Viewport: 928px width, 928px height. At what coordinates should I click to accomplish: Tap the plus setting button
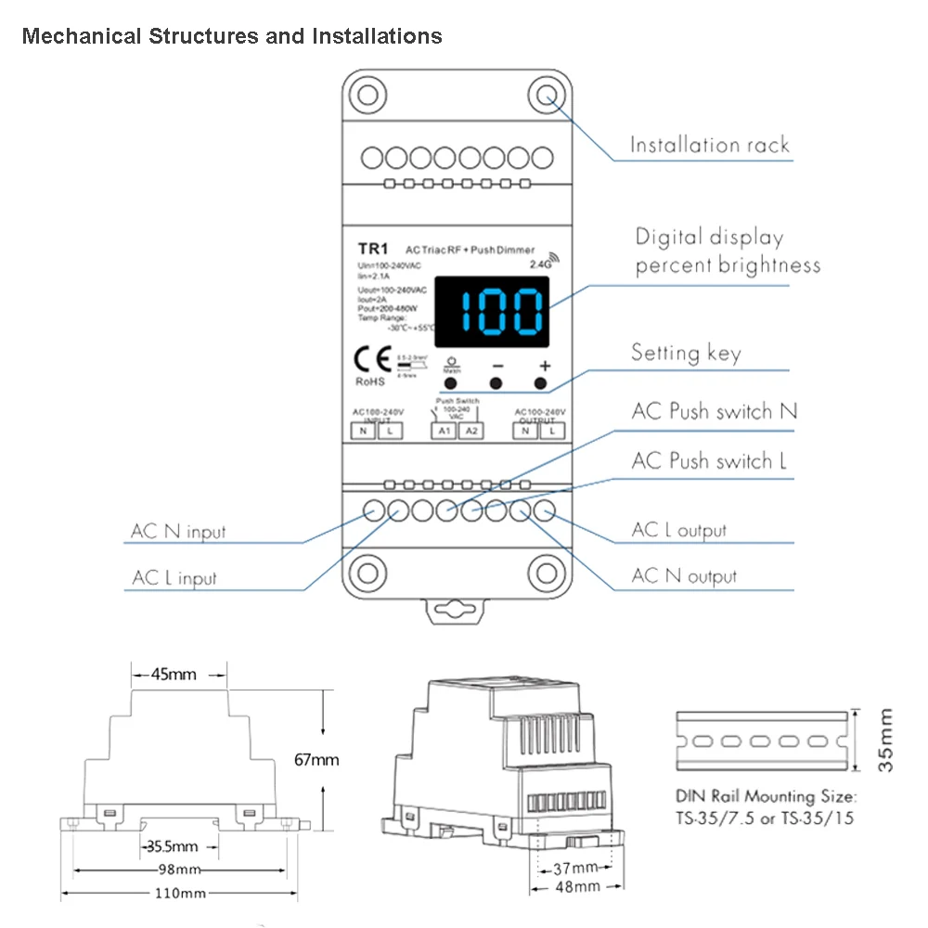point(540,383)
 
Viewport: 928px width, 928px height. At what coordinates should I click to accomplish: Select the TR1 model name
point(372,249)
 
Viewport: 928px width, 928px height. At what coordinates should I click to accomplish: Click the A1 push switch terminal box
point(444,430)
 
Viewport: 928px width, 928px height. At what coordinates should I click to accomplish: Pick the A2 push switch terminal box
point(470,430)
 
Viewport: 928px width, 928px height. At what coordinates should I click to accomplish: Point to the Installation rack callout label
point(709,145)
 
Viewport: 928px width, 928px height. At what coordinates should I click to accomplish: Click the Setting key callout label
point(686,353)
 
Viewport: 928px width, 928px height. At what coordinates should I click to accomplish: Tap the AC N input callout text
point(178,532)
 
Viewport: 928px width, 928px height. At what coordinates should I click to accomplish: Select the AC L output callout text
point(679,530)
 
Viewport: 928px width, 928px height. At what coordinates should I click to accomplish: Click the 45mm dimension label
point(174,675)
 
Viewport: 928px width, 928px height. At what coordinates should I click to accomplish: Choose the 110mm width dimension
point(182,893)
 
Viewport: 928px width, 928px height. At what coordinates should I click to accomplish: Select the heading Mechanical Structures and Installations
point(232,36)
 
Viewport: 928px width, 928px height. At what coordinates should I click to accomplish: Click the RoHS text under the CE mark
point(370,380)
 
